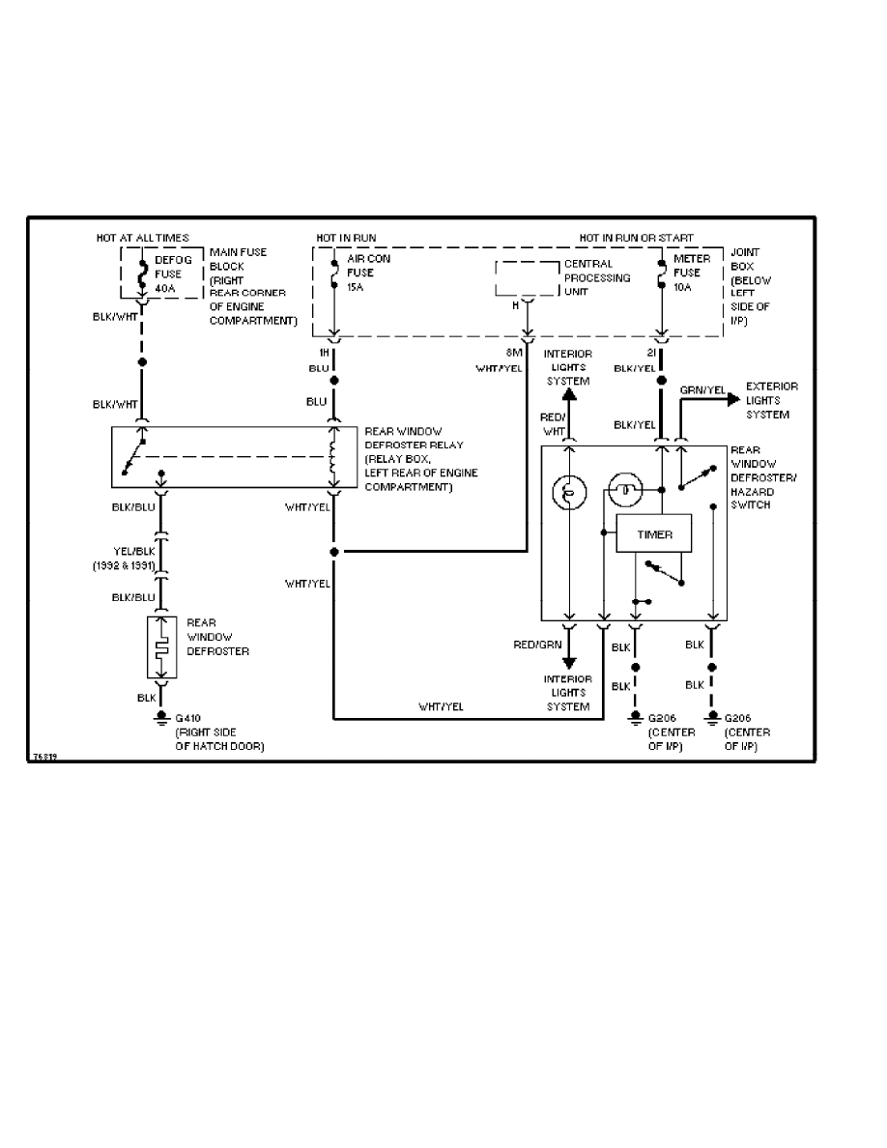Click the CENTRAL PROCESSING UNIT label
click(597, 278)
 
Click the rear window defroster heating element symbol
click(160, 646)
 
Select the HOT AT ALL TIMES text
click(142, 237)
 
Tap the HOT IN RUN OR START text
click(637, 237)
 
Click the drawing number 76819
click(44, 758)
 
